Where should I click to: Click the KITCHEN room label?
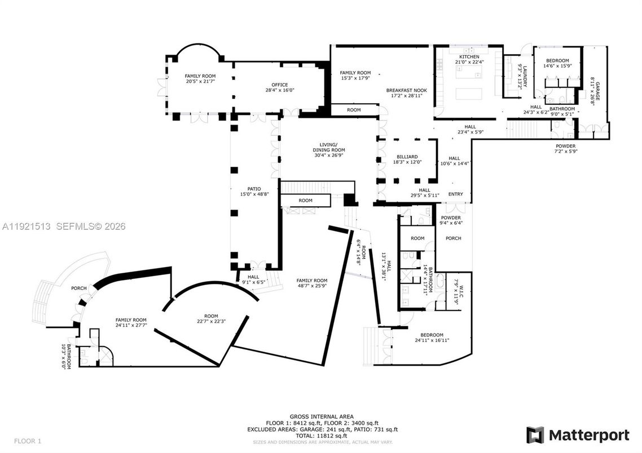[x=469, y=57]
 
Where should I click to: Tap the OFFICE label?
[x=280, y=85]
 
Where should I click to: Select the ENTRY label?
[x=455, y=194]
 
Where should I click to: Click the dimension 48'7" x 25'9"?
[x=312, y=286]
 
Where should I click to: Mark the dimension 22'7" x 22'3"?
[x=211, y=322]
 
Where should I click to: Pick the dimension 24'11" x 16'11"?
[x=429, y=340]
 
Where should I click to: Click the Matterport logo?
[x=578, y=435]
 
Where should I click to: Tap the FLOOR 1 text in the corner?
[x=27, y=441]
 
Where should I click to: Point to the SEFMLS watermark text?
[x=89, y=226]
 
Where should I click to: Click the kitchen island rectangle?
[x=470, y=94]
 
